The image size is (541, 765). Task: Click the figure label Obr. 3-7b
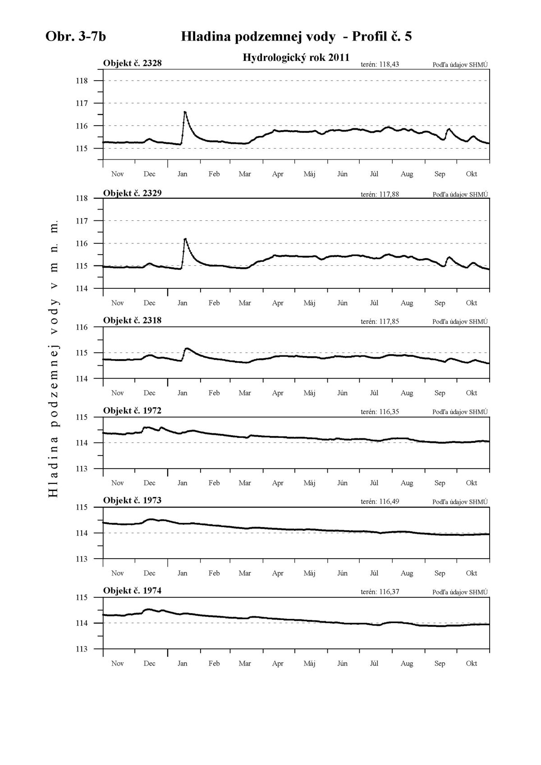tap(76, 36)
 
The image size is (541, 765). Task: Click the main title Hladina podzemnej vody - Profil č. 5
tap(296, 36)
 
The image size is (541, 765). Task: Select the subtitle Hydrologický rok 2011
tap(296, 57)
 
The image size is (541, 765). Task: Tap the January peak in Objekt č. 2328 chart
tap(185, 112)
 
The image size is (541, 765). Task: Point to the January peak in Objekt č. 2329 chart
tap(185, 239)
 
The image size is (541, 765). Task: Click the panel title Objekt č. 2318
tap(132, 320)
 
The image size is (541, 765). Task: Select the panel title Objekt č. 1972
tap(132, 410)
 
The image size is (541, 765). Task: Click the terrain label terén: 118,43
tap(380, 64)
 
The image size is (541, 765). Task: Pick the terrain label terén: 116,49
tap(380, 501)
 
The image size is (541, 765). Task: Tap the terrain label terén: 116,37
tap(380, 592)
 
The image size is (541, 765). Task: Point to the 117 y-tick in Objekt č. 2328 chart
tap(82, 103)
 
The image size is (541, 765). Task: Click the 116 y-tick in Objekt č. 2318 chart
tap(82, 327)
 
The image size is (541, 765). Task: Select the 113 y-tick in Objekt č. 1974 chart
tap(82, 649)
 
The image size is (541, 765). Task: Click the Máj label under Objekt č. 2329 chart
tap(309, 303)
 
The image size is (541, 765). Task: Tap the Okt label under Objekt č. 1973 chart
tap(471, 573)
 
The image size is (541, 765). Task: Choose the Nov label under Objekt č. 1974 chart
tap(117, 663)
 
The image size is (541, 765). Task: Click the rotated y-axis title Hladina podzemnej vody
tap(53, 359)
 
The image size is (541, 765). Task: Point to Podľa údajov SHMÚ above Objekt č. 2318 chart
tap(460, 322)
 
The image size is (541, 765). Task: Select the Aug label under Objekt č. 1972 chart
tap(407, 483)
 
